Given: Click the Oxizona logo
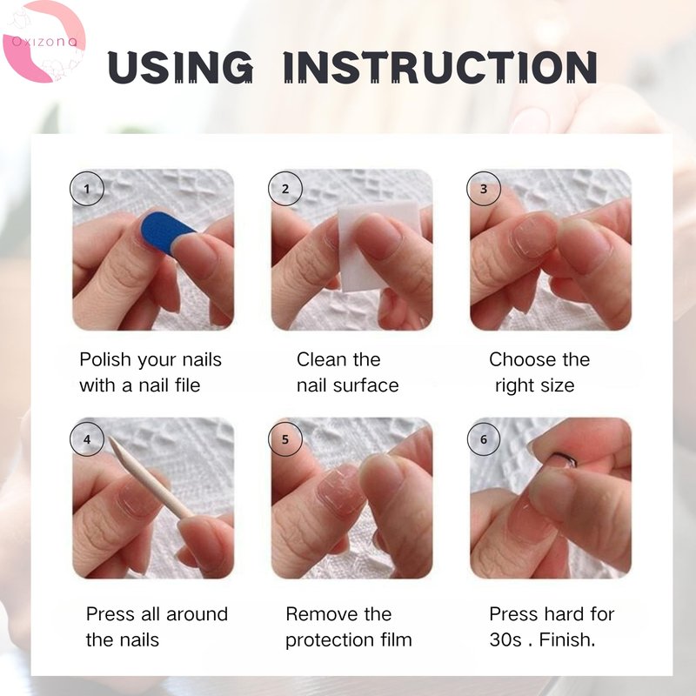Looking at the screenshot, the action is [43, 42].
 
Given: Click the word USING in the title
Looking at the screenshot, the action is [180, 67].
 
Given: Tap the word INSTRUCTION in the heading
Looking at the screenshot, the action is [440, 67].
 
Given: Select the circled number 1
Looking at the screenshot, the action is [87, 189].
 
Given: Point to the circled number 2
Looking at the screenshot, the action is [285, 189].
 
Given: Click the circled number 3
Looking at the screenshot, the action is [484, 189].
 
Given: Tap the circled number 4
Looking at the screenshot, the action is [87, 439].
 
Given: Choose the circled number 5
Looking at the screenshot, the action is [285, 439].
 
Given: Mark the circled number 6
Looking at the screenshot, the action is [484, 439].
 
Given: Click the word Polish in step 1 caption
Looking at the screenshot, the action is [105, 359].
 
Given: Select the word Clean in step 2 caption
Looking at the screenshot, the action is [320, 359].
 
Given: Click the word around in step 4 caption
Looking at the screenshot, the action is [197, 614].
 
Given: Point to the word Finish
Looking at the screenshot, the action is [567, 639].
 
